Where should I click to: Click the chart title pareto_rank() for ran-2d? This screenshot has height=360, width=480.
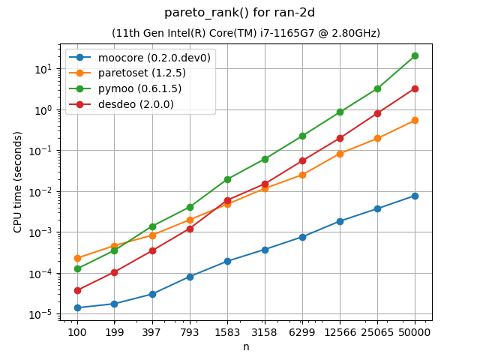(x=245, y=13)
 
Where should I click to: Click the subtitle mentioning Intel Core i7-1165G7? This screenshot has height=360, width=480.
(x=245, y=33)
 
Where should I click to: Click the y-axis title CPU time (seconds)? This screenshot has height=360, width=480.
(x=18, y=181)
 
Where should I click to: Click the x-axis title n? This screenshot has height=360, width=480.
(x=245, y=346)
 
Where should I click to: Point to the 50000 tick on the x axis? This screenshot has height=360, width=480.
(x=415, y=331)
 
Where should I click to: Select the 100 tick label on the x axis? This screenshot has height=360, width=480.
(x=77, y=331)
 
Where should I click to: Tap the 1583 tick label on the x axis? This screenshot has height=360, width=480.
(x=227, y=331)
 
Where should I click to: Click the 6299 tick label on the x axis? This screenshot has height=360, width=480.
(x=302, y=331)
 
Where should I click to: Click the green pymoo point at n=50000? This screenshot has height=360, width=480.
(x=415, y=55)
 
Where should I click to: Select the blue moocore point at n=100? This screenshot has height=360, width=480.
(x=77, y=307)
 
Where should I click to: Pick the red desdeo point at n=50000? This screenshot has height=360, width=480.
(x=415, y=88)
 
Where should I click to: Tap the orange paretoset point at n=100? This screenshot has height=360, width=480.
(x=77, y=258)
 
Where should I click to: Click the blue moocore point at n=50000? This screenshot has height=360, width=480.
(x=415, y=196)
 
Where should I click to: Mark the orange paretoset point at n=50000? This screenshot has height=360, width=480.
(x=415, y=120)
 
